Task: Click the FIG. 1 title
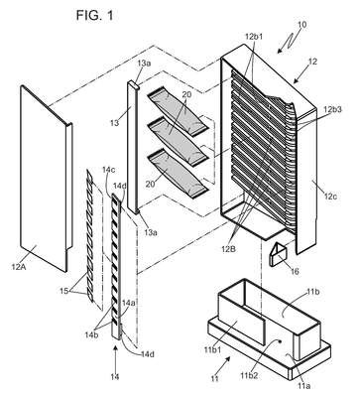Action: [95, 15]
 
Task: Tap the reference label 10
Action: [302, 25]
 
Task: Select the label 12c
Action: [331, 197]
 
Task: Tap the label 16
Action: [295, 272]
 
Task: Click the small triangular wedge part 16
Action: [278, 253]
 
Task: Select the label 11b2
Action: [249, 375]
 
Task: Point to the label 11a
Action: [304, 385]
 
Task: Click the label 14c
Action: [108, 170]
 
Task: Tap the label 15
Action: [64, 291]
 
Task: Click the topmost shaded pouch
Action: [179, 112]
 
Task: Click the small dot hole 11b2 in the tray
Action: [281, 340]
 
